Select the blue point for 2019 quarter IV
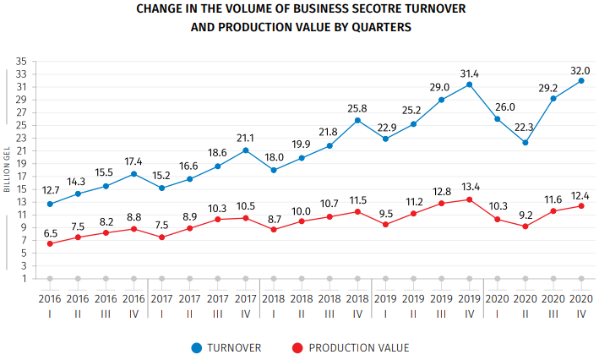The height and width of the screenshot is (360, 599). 469,85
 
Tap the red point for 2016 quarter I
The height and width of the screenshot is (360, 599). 50,243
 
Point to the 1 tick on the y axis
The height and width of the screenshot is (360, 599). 25,278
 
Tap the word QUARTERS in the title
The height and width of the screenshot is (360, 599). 378,27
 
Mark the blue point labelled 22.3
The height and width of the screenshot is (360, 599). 525,142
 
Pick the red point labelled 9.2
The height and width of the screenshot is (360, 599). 525,226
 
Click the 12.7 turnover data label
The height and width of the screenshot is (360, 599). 50,191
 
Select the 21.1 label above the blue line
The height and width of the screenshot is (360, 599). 245,138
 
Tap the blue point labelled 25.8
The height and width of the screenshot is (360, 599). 357,120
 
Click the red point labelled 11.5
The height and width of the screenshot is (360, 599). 357,211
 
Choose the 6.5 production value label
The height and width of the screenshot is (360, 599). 50,232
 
